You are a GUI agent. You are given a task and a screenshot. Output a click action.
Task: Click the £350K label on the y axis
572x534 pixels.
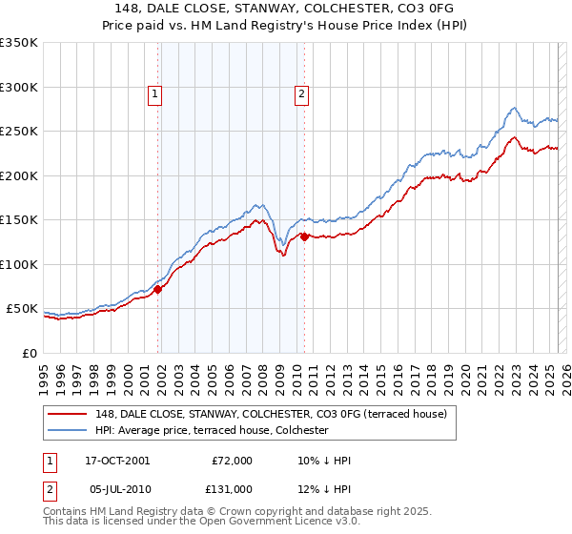pos(18,43)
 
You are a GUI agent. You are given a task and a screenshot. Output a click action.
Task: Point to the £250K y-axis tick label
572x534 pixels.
pos(18,132)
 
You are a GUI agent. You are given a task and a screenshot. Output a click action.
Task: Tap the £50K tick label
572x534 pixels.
pos(22,309)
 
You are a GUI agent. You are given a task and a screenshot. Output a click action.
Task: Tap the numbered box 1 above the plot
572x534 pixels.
pos(154,93)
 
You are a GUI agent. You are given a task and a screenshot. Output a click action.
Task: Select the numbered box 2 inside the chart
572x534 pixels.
pos(301,93)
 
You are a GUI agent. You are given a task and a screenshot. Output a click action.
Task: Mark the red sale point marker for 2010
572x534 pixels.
pos(304,237)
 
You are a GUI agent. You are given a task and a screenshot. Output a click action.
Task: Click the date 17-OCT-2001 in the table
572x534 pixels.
pos(116,461)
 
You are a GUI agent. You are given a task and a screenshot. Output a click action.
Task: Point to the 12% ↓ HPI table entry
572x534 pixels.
pos(325,488)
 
